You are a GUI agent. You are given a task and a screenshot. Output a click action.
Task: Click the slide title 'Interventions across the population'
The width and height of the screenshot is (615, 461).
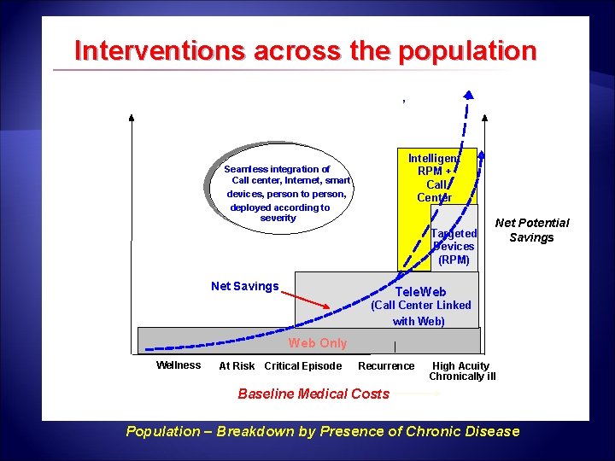tap(305, 50)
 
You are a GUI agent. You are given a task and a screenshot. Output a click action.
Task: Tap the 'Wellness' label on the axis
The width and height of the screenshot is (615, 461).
tap(179, 365)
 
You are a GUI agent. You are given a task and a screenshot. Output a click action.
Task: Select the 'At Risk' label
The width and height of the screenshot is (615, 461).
tap(237, 366)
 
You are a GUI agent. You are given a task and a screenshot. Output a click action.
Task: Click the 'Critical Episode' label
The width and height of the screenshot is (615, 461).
tap(303, 366)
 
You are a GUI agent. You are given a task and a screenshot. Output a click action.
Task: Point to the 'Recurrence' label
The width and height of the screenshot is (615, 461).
tap(386, 366)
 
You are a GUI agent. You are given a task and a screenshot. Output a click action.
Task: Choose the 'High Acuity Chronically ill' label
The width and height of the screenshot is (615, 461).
tap(461, 371)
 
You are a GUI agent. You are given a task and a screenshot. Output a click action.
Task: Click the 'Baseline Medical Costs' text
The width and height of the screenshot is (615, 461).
tap(313, 394)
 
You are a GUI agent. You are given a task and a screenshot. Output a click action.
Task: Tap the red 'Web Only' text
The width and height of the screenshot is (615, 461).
tap(318, 343)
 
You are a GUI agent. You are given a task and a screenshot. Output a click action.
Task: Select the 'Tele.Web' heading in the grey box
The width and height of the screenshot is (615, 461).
tap(420, 292)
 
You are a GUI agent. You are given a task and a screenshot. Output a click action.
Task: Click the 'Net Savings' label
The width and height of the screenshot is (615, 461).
tap(244, 286)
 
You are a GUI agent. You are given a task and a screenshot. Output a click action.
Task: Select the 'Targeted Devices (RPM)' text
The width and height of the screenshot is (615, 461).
tap(454, 247)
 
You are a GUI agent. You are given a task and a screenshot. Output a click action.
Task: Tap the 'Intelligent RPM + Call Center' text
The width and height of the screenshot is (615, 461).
tap(434, 178)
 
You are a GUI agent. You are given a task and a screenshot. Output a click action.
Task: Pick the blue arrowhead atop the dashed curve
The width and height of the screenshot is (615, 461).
tap(468, 96)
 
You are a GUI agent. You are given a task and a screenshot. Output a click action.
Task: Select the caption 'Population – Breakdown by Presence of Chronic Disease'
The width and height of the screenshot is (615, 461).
tap(322, 431)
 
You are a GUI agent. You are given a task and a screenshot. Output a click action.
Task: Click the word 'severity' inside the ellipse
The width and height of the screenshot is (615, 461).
tap(278, 219)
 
